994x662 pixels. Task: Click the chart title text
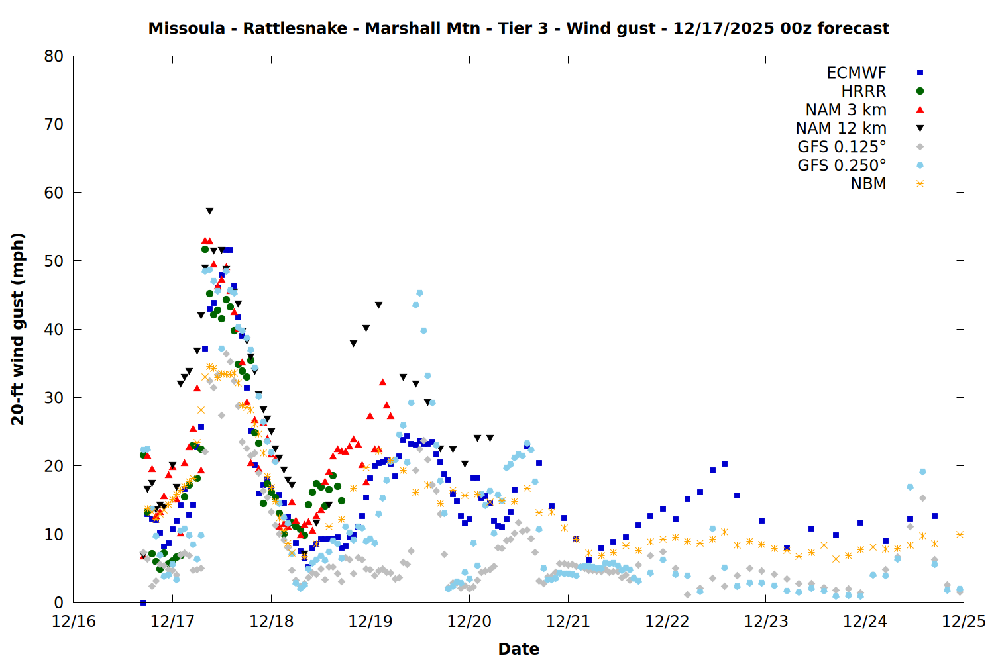pos(518,28)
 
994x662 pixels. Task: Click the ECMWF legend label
pos(856,73)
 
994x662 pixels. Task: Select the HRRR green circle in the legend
pos(920,91)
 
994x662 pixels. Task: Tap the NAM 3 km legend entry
pos(846,110)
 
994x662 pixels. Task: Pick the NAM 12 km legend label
pos(841,128)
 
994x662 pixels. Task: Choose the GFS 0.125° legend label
pos(842,147)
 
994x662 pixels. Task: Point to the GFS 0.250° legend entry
pos(842,165)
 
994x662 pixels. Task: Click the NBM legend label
pos(868,184)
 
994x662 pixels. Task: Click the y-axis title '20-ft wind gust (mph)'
pos(18,329)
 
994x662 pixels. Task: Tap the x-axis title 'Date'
pos(518,649)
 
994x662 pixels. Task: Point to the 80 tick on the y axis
pos(54,56)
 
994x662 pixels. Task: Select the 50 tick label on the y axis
pos(54,261)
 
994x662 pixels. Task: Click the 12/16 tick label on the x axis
pos(74,622)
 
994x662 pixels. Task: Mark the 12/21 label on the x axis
pos(568,622)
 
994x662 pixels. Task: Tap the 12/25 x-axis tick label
pos(964,622)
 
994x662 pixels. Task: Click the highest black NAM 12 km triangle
pos(209,211)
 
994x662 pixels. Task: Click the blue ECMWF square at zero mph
pos(143,602)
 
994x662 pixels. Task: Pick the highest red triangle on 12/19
pos(382,382)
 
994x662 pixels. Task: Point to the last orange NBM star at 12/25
pos(960,534)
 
